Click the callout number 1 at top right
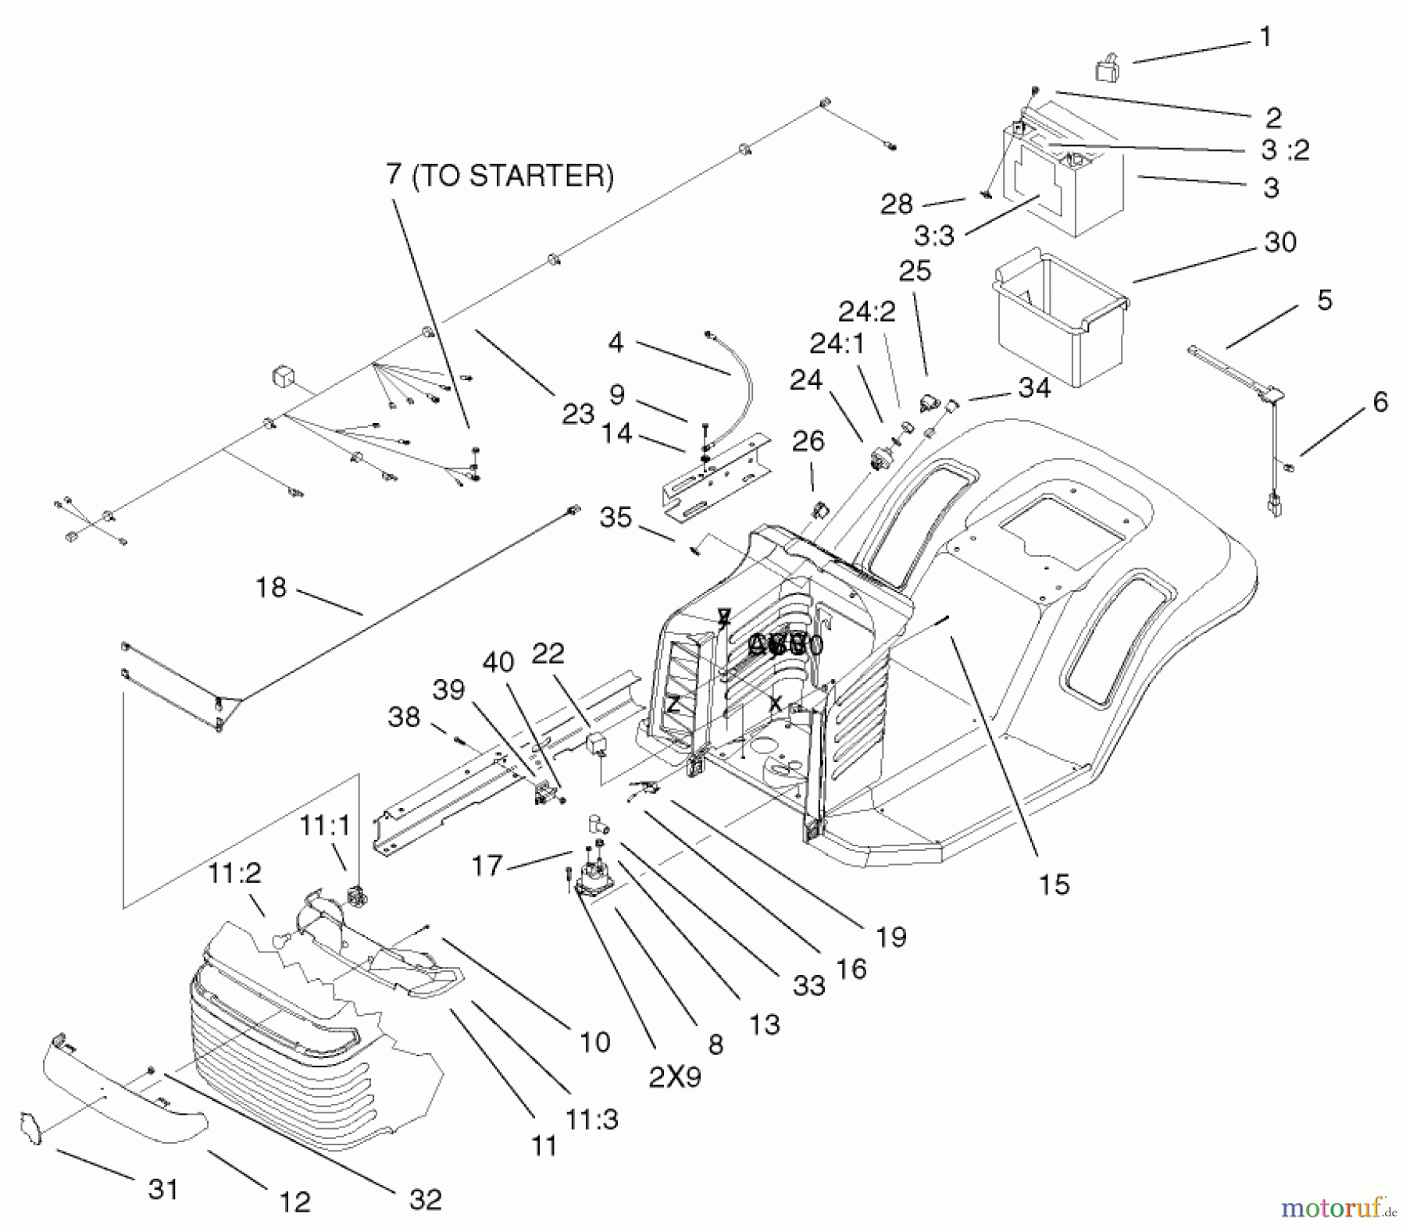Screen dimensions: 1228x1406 click(1266, 37)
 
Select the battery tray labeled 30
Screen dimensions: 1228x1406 click(1058, 312)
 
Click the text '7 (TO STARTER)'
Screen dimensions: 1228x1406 click(500, 176)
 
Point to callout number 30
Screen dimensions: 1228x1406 click(1281, 242)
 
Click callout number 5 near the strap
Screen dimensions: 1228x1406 click(1325, 300)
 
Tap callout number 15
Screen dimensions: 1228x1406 click(1054, 885)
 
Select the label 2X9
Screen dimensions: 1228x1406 click(675, 1077)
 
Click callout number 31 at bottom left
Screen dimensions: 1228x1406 click(163, 1189)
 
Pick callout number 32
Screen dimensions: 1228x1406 click(425, 1199)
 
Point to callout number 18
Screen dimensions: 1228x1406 click(271, 587)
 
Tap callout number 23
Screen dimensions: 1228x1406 click(578, 414)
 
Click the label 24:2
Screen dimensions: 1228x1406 click(867, 311)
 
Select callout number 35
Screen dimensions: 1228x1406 click(616, 517)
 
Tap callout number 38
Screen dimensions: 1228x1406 click(404, 717)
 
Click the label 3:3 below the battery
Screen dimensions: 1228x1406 click(934, 235)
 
